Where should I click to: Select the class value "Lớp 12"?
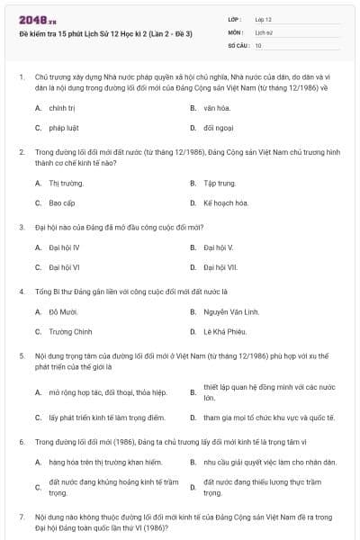point(263,19)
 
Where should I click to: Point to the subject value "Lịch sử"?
point(264,31)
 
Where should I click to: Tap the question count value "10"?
point(258,45)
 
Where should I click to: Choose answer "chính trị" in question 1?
point(62,107)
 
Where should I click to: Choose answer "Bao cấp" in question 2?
point(62,203)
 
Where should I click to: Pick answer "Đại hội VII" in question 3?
point(220,267)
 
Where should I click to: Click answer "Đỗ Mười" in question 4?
point(64,311)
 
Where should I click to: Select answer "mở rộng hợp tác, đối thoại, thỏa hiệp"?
point(108,392)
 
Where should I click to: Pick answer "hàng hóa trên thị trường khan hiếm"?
point(105,463)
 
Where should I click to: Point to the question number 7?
point(21,517)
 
